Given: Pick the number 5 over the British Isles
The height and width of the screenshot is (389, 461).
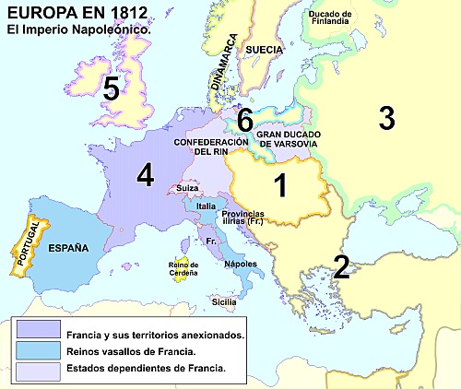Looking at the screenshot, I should [x=112, y=88].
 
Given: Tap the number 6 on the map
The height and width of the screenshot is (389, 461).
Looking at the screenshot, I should [x=244, y=120].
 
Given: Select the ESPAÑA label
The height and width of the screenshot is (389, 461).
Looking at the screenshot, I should [x=68, y=248].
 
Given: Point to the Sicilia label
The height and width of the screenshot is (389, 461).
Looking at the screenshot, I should [x=224, y=301].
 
